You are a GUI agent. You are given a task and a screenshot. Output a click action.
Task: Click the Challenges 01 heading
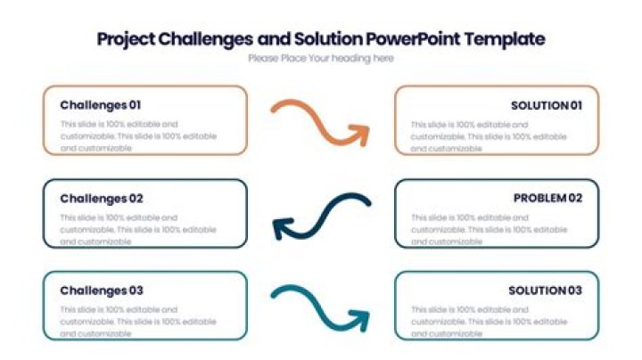tap(101, 104)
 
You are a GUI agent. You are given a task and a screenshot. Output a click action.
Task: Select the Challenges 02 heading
tap(102, 199)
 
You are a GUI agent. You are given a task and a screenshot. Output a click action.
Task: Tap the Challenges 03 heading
tap(102, 290)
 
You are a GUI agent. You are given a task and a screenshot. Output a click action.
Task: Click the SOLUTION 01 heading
tap(546, 105)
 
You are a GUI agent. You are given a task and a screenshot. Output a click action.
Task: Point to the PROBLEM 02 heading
tap(547, 198)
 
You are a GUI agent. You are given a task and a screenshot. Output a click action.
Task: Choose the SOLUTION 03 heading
tap(545, 290)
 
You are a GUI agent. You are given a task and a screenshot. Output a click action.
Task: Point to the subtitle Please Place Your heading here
tap(321, 59)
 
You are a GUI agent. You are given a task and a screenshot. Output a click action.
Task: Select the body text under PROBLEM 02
tap(489, 229)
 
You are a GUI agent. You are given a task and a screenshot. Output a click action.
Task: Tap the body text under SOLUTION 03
tap(489, 321)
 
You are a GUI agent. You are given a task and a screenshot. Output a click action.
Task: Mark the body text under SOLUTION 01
tap(489, 136)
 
